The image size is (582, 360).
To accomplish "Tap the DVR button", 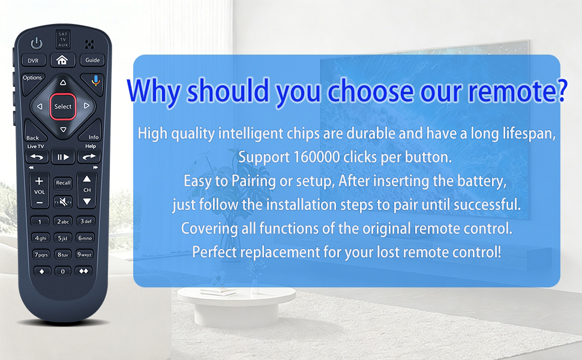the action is pos(34,60).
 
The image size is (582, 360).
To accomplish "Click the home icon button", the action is pos(62,60).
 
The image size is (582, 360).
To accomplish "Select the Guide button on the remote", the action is pos(92,60).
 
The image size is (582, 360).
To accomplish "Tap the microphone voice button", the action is pos(95,81).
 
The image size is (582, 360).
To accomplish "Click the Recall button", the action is pos(63,182).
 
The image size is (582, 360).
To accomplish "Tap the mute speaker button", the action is pos(63,202).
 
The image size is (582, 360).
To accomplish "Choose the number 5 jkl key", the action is pos(63,238).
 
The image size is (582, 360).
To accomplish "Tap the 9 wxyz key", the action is pos(85,254).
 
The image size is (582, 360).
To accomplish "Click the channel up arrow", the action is pos(87,179).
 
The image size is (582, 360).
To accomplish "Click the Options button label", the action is pos(32,77).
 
